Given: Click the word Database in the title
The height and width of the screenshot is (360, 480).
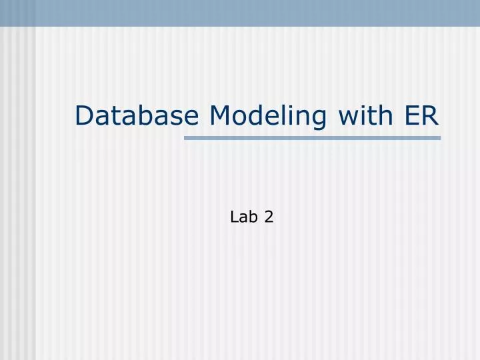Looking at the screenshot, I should point(137,115).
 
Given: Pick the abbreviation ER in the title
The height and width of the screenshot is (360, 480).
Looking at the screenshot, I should point(421,115).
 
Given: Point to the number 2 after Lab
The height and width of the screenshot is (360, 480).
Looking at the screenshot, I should point(269,216).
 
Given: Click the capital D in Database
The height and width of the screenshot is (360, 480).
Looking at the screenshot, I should point(84,115).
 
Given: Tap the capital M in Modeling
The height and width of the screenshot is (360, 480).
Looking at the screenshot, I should point(221,115).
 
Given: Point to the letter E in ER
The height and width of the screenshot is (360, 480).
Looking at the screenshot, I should point(411,115).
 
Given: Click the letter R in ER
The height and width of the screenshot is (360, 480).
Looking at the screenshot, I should point(430,115).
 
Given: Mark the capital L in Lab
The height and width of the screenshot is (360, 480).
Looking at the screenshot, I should point(234,216).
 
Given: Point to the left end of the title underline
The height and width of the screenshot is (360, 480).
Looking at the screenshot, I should point(186,138).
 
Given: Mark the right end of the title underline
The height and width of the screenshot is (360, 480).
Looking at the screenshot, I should point(439,138).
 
